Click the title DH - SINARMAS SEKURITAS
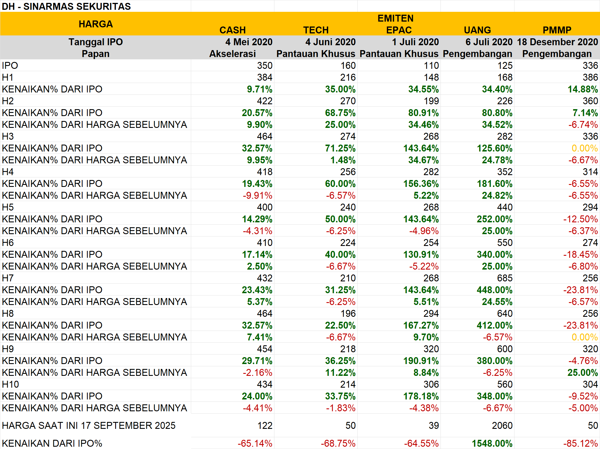pos(66,6)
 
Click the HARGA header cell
pos(96,24)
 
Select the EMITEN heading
pos(395,18)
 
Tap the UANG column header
pos(477,30)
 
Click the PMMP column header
pos(557,30)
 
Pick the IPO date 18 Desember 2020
pos(557,42)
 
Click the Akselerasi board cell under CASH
pos(232,54)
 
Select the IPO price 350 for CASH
pos(264,66)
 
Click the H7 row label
pos(8,278)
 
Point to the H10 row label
pos(10,384)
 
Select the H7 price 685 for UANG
pos(504,278)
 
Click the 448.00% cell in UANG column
pos(494,290)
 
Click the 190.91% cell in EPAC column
pos(421,361)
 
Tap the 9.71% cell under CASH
pos(259,89)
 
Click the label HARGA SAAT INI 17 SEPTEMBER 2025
pos(89,425)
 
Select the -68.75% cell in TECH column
pos(338,443)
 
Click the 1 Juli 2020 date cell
pos(415,42)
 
